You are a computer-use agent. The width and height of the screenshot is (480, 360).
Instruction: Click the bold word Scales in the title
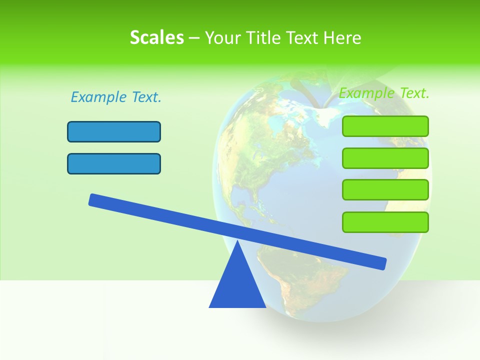[x=156, y=37]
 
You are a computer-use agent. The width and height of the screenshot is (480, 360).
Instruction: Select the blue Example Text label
[x=116, y=97]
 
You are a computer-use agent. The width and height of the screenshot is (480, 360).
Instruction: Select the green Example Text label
[x=384, y=93]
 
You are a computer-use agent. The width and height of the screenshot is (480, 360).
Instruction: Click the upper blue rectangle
[x=114, y=131]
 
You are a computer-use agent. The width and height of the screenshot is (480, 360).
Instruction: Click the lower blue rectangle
[x=114, y=163]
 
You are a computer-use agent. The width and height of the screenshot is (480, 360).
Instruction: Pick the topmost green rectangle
[x=385, y=126]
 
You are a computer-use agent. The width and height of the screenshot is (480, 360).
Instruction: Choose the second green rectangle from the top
[x=385, y=158]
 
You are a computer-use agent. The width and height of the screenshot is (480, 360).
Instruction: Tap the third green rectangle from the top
[x=385, y=189]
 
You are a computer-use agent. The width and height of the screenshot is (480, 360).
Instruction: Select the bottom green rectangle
[x=385, y=222]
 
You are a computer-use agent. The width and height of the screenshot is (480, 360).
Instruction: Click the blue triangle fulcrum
[x=237, y=285]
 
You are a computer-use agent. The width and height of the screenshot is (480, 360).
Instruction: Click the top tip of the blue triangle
[x=237, y=243]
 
